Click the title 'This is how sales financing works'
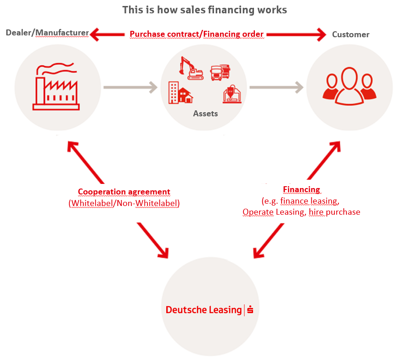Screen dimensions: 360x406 [204, 10]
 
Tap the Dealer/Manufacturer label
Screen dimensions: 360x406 [47, 33]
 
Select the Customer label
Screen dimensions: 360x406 [350, 34]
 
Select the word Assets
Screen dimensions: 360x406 [205, 113]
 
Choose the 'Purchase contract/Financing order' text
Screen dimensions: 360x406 [197, 34]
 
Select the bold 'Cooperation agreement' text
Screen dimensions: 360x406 [124, 192]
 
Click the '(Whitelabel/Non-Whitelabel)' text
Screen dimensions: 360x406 [124, 203]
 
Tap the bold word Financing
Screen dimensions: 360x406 [301, 189]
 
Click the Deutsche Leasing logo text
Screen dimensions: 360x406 [203, 310]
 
